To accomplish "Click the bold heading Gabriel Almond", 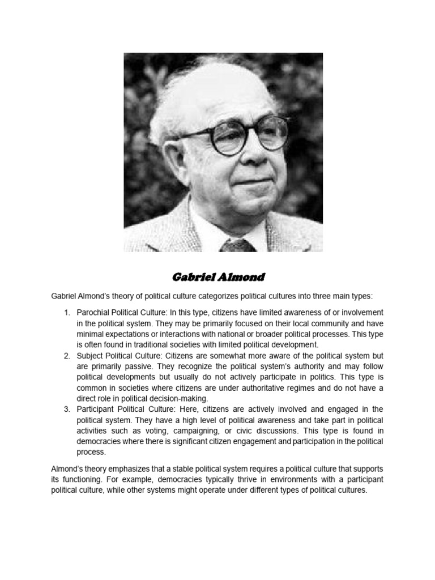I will [x=218, y=278].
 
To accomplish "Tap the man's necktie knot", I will [x=237, y=245].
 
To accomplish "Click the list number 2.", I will [x=66, y=356].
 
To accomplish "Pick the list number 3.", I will [x=66, y=409].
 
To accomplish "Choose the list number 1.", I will [x=66, y=313].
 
